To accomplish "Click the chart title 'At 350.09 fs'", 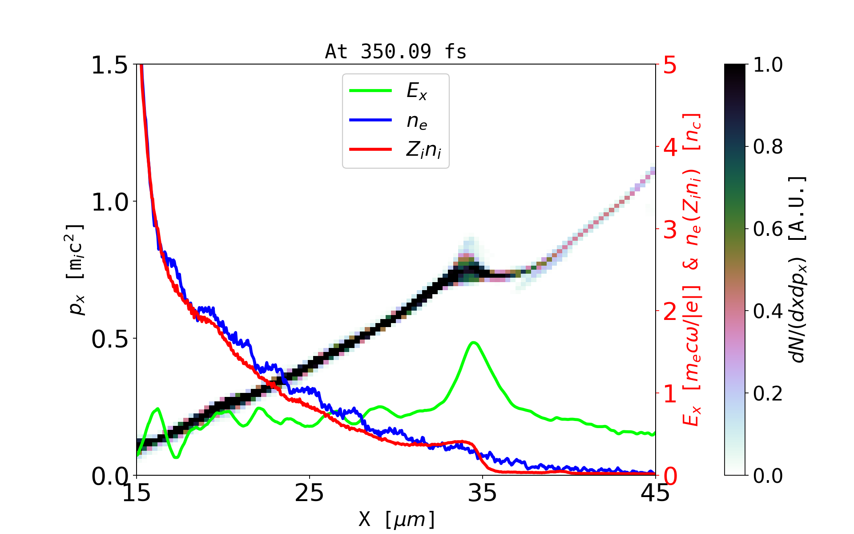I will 395,52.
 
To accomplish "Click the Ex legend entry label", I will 416,91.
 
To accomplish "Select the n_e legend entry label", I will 416,121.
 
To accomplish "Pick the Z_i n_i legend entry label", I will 423,150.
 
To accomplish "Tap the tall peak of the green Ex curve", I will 474,343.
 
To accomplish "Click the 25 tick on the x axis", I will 309,493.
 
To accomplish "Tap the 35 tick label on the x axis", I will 482,493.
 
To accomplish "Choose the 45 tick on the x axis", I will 656,493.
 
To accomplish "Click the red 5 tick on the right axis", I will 670,65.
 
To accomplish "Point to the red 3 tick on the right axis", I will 670,230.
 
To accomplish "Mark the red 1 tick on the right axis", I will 670,394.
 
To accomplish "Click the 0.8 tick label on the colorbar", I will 768,147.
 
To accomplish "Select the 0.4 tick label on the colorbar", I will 768,311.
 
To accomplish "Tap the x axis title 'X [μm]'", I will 397,519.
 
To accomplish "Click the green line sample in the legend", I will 371,91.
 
